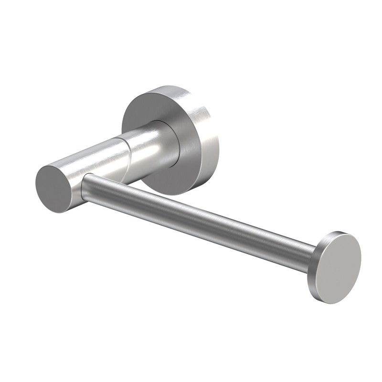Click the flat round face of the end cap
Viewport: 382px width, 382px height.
[340, 268]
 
